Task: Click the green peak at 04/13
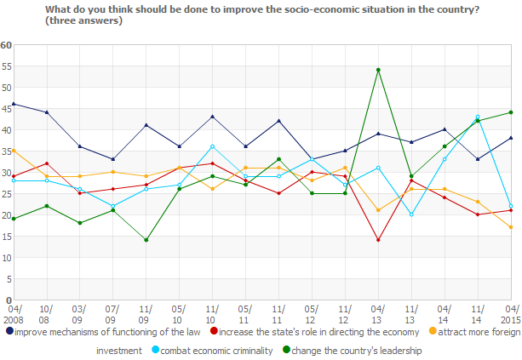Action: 378,70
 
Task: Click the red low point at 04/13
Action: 378,240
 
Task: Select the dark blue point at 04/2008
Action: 13,104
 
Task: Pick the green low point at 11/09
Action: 146,240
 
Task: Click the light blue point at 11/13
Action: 411,214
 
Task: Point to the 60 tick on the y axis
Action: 5,44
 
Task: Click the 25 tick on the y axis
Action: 5,193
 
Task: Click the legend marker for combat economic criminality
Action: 145,350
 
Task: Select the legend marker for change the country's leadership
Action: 287,350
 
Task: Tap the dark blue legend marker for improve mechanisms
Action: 9,331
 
